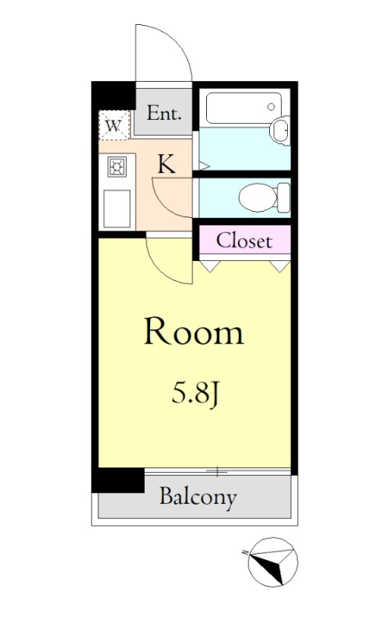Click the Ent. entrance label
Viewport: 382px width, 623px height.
165,114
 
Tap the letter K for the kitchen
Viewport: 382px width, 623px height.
166,164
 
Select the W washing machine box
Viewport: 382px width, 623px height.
114,124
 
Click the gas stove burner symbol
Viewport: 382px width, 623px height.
117,165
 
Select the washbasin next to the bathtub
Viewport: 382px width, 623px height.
280,130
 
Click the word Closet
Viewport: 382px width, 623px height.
244,240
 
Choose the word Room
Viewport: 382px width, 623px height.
194,333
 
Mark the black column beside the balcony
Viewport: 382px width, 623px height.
117,480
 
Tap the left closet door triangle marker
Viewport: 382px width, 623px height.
209,265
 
